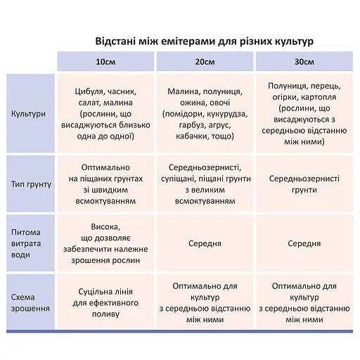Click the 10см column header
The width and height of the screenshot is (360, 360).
click(x=105, y=62)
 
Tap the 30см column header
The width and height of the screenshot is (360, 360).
click(x=304, y=62)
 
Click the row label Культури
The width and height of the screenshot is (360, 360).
click(x=30, y=113)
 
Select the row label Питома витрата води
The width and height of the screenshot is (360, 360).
click(x=30, y=243)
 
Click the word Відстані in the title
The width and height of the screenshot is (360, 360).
click(x=119, y=40)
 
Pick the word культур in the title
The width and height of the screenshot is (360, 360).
click(x=289, y=40)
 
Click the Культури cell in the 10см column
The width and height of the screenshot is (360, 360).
click(x=105, y=113)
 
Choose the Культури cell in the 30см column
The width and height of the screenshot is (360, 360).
click(x=304, y=113)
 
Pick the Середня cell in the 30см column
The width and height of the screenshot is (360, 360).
click(x=304, y=243)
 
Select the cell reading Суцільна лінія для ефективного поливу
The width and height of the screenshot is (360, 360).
click(x=105, y=302)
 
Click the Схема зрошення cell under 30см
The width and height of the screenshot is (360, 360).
click(x=304, y=302)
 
